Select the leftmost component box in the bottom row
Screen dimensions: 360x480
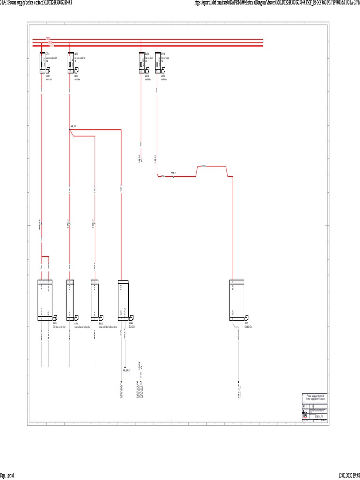point(45,300)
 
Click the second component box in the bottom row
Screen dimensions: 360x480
point(70,300)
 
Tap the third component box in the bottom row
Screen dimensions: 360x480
point(94,300)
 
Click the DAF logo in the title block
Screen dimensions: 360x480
point(306,415)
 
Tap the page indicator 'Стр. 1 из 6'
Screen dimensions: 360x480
point(7,475)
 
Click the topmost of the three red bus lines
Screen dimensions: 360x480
point(148,39)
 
